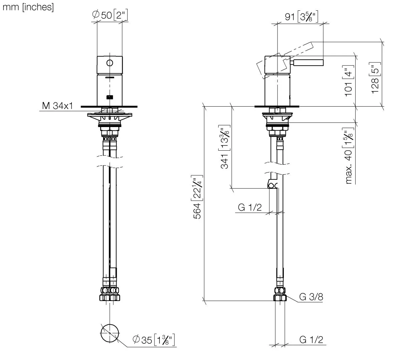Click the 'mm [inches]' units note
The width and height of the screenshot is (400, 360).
click(x=28, y=7)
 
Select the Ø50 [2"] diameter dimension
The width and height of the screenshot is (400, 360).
click(x=110, y=15)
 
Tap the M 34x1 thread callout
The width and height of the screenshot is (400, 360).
click(x=57, y=106)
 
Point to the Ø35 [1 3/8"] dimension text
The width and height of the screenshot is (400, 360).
click(x=154, y=340)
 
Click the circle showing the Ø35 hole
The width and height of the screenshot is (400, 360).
click(x=109, y=333)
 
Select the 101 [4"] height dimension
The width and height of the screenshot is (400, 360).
click(x=349, y=81)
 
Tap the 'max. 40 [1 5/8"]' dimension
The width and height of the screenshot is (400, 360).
click(x=349, y=156)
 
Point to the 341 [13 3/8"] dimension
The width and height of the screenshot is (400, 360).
click(x=225, y=147)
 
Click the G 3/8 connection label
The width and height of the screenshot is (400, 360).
click(x=311, y=297)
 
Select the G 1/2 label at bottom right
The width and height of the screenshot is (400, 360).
click(x=311, y=340)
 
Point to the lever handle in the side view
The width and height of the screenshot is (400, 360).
click(x=308, y=63)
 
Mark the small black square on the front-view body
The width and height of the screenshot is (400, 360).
click(x=109, y=97)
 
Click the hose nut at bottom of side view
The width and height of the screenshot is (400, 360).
click(x=280, y=295)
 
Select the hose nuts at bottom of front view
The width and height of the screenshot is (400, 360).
click(x=109, y=295)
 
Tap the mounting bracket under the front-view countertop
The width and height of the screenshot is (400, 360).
click(x=109, y=117)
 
